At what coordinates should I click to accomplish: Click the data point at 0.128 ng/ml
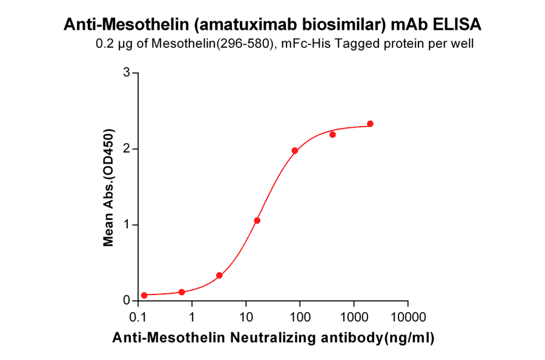tap(144, 295)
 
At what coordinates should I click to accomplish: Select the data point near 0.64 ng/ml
tap(182, 292)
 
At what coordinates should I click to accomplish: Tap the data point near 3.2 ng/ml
tap(219, 275)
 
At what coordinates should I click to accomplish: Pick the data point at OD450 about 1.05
tap(257, 221)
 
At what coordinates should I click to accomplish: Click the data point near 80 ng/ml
tap(295, 150)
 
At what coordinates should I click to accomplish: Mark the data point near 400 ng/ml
tap(332, 134)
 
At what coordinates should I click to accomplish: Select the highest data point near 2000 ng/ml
tap(371, 124)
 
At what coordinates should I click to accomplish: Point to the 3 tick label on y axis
tap(127, 73)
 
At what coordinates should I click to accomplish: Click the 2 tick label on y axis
tap(127, 148)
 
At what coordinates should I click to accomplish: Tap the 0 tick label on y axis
tap(127, 301)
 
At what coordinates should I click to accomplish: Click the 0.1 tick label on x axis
tap(139, 317)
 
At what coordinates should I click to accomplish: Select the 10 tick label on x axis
tap(246, 317)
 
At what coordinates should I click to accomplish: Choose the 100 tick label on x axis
tap(300, 317)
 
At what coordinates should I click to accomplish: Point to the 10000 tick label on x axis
tap(408, 317)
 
